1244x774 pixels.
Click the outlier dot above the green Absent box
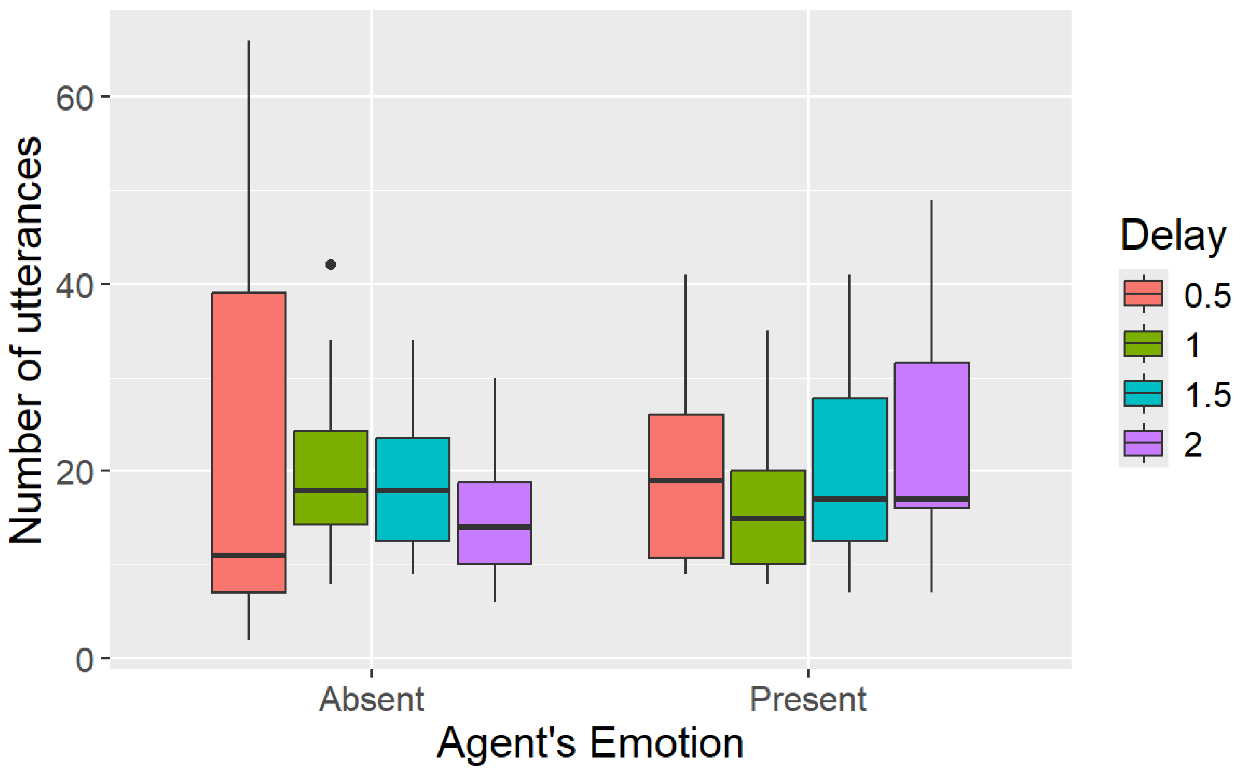point(331,265)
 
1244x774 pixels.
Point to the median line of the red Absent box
point(249,555)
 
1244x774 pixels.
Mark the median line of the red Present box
point(686,481)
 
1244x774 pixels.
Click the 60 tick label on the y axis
point(75,97)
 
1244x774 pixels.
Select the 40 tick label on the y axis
point(75,285)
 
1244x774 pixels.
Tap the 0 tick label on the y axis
point(85,660)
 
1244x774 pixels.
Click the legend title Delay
point(1173,235)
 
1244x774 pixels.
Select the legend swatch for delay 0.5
point(1143,293)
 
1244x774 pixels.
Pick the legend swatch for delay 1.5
point(1143,393)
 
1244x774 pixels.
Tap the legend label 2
point(1193,444)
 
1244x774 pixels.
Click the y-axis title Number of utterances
point(25,341)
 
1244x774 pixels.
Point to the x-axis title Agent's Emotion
point(590,743)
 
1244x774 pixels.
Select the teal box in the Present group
point(850,468)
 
